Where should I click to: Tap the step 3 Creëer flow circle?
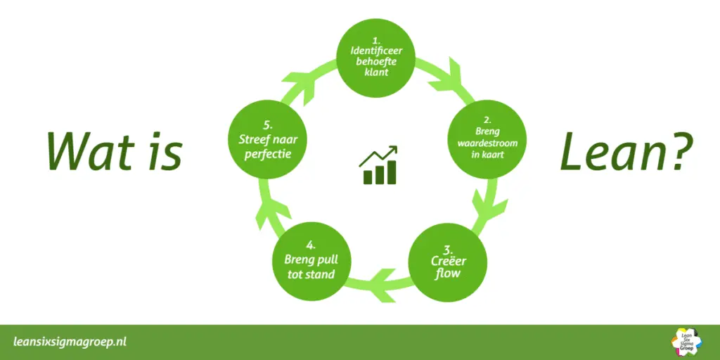447,262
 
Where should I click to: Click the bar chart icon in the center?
378,166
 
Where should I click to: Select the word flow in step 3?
447,274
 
